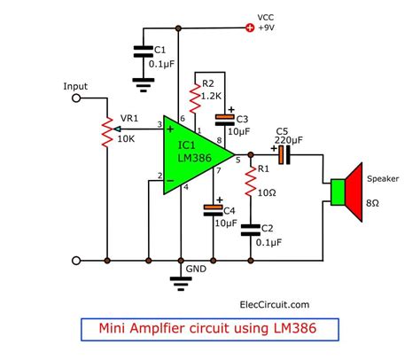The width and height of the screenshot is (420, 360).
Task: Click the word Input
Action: coord(76,86)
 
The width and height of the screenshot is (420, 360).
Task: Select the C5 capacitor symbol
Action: coord(282,156)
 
